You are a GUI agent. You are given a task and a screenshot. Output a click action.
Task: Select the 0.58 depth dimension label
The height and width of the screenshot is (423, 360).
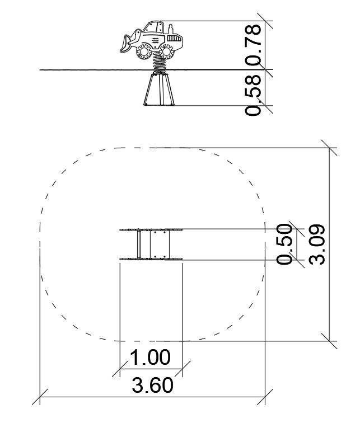[254, 96]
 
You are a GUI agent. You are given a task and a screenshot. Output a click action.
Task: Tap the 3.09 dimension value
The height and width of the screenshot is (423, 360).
[317, 245]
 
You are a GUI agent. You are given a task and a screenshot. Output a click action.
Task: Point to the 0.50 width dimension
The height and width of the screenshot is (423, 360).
[284, 244]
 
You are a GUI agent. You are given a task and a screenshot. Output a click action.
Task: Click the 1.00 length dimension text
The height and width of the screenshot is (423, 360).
[150, 358]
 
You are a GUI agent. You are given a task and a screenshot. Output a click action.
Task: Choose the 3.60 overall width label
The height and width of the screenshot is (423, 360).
[152, 385]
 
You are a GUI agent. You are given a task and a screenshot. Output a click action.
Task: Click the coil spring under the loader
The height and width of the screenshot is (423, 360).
[160, 63]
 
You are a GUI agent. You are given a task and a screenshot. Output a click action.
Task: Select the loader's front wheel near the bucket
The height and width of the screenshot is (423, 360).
[143, 52]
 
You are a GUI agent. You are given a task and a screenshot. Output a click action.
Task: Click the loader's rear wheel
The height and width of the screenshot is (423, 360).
[166, 51]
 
